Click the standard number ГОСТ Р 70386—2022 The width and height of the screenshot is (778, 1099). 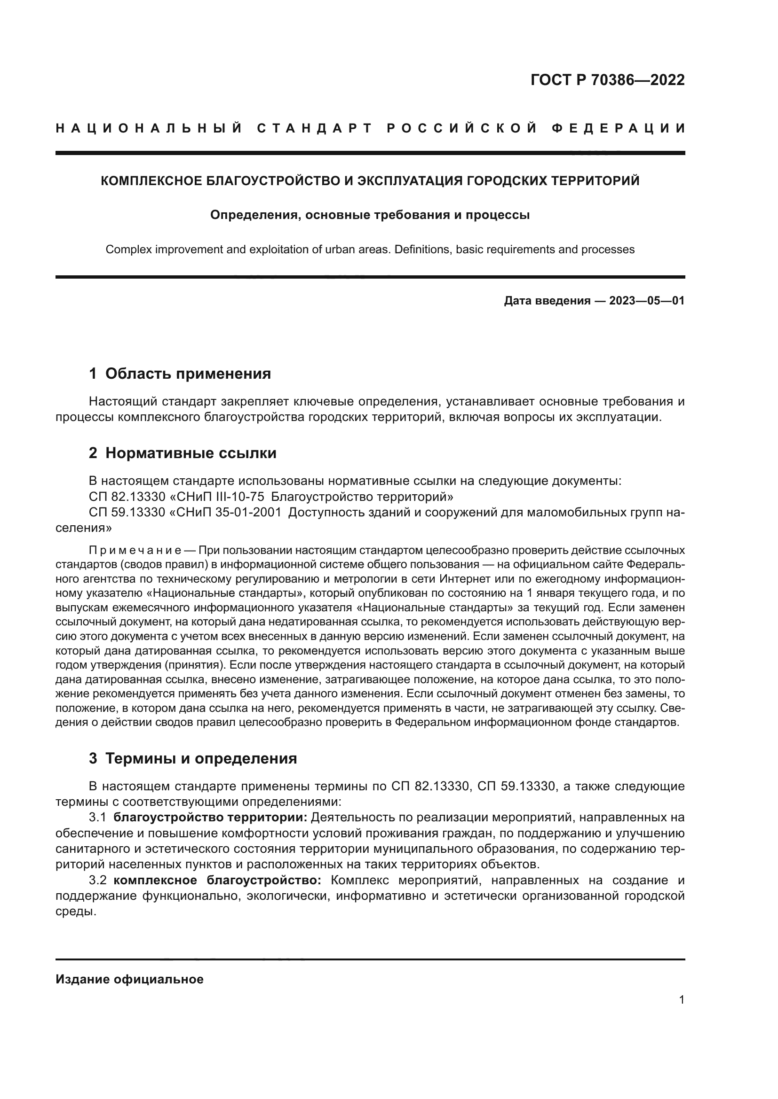click(607, 80)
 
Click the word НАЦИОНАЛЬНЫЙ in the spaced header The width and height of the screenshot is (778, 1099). click(149, 128)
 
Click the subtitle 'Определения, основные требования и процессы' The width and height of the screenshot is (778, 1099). click(370, 215)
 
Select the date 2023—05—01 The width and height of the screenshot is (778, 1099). click(647, 301)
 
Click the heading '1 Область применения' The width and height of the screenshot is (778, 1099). click(180, 374)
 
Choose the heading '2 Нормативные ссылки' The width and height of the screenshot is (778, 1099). click(183, 453)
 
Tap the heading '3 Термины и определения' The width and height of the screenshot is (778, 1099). click(192, 758)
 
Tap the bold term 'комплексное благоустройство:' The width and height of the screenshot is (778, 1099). click(217, 880)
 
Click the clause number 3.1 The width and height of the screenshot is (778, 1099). click(98, 817)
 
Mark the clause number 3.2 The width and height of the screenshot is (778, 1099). click(98, 880)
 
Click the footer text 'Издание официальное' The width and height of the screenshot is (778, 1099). click(129, 979)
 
